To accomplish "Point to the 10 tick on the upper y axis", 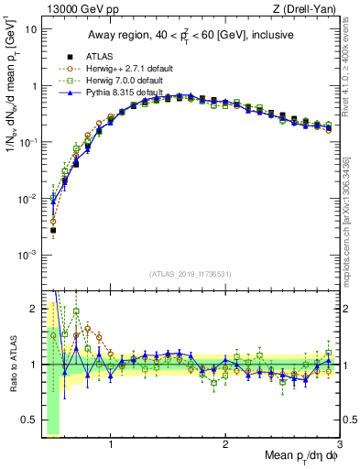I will pyautogui.click(x=31, y=29).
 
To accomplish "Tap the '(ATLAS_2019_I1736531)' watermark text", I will pyautogui.click(x=190, y=273).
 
